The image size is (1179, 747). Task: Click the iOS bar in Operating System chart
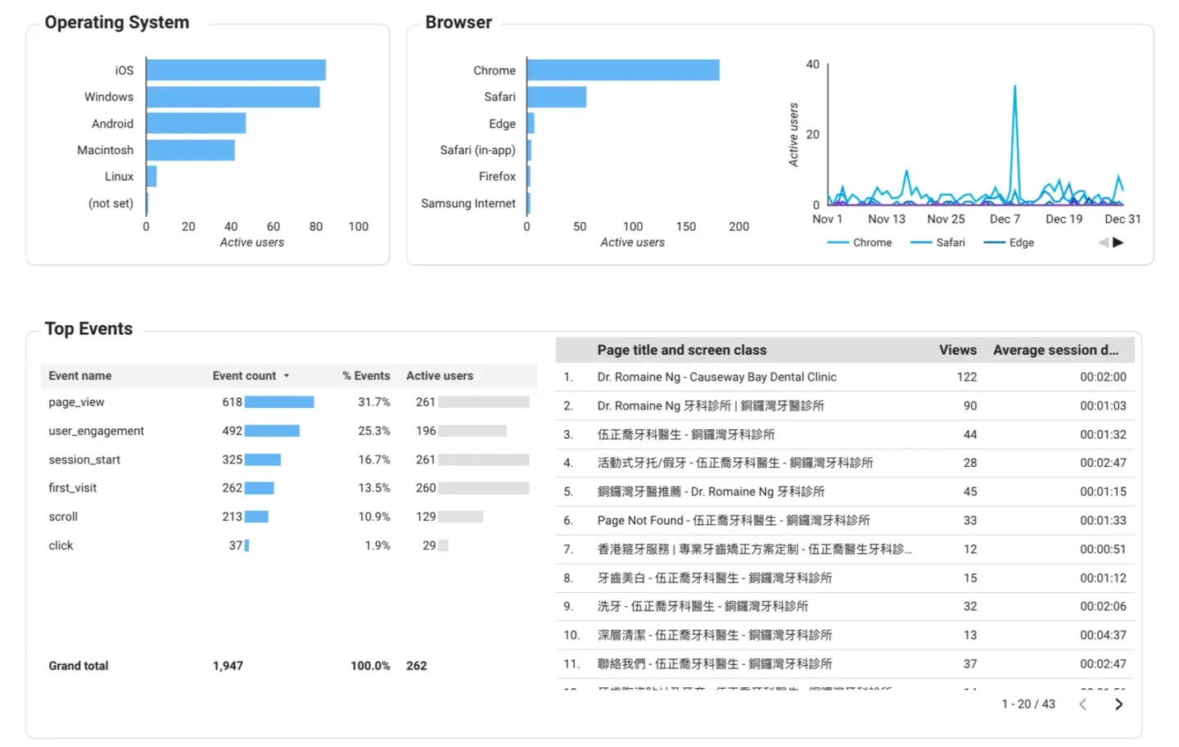point(236,70)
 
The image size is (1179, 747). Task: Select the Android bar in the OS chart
point(196,124)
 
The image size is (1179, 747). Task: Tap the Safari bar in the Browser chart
point(557,97)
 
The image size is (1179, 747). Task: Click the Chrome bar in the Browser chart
point(623,70)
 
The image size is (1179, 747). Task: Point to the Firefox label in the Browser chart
point(497,176)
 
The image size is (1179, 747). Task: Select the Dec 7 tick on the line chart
point(1005,219)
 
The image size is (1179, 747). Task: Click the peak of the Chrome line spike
point(1015,87)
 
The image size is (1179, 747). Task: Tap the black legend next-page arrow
point(1118,242)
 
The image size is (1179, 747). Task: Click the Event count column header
point(245,376)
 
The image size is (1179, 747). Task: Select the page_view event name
point(76,402)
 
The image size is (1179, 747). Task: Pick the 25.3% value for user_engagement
point(374,431)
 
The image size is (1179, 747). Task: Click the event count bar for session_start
point(263,460)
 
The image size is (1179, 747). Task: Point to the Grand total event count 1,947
point(228,666)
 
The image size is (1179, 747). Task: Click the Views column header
point(957,350)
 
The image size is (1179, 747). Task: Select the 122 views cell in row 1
point(966,377)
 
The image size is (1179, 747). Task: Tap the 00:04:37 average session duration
point(1102,635)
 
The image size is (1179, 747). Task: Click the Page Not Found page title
point(733,520)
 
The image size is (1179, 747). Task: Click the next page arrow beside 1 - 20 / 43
point(1118,704)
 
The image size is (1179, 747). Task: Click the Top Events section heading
point(88,328)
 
